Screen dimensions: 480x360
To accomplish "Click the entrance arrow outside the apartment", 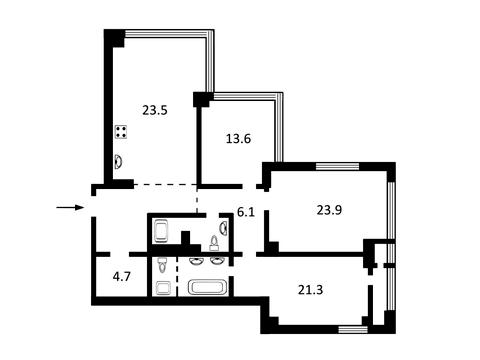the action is point(69,207).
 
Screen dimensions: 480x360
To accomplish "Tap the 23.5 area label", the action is point(155,110).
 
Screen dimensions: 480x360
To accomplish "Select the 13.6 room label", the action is point(238,138).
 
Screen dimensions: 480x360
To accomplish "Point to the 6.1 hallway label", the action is point(246,212).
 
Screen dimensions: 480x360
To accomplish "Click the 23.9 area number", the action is point(329,210).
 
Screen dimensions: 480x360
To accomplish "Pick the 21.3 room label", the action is point(310,290).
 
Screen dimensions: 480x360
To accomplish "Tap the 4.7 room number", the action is point(122,276).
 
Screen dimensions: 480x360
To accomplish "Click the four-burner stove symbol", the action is point(121,132).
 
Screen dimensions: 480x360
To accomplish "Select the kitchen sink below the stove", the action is point(118,162).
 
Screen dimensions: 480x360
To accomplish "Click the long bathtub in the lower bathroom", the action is point(206,288).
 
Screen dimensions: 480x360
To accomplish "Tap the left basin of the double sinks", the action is point(195,261).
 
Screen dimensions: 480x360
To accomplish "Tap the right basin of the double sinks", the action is point(217,261).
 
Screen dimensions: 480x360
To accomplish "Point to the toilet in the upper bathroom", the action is point(214,243).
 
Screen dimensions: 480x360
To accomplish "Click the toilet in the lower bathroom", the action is point(162,265).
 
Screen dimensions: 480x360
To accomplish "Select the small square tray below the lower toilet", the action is point(163,288).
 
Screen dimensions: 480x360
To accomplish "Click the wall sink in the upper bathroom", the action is point(224,228).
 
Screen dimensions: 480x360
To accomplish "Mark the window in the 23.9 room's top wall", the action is point(337,166).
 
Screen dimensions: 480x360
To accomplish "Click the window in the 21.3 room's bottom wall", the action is point(353,329).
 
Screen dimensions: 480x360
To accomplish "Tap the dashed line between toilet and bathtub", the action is point(177,276).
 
